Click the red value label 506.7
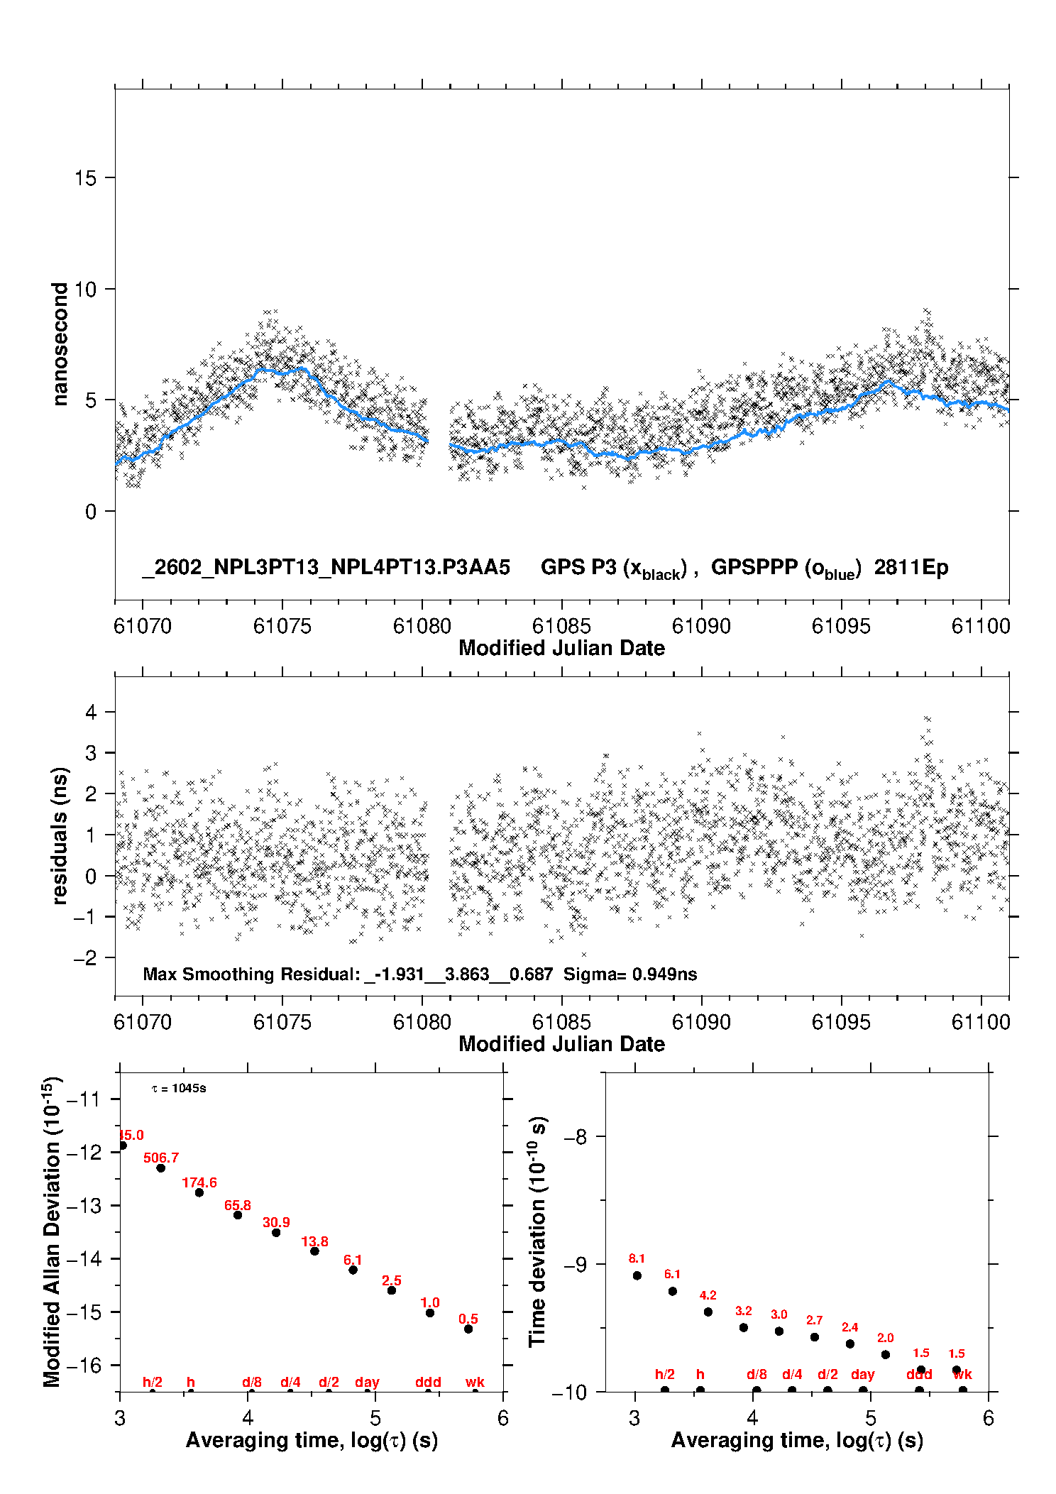click(x=161, y=1158)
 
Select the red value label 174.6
click(x=199, y=1182)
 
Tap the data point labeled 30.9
click(x=276, y=1232)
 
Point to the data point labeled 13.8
click(x=314, y=1251)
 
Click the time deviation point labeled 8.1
click(x=637, y=1275)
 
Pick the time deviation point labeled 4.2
click(x=708, y=1312)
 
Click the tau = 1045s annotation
click(x=179, y=1088)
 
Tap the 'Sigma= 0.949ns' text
click(x=630, y=974)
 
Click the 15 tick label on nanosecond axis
click(x=85, y=178)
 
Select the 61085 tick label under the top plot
click(x=561, y=626)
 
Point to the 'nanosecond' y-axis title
click(x=60, y=344)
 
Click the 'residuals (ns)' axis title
click(x=60, y=835)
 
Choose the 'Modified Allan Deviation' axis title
click(x=52, y=1231)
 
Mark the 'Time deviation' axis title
click(x=537, y=1231)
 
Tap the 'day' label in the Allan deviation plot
click(x=367, y=1382)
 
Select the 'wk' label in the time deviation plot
click(x=962, y=1374)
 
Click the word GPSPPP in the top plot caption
click(x=754, y=567)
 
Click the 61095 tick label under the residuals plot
click(x=841, y=1022)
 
